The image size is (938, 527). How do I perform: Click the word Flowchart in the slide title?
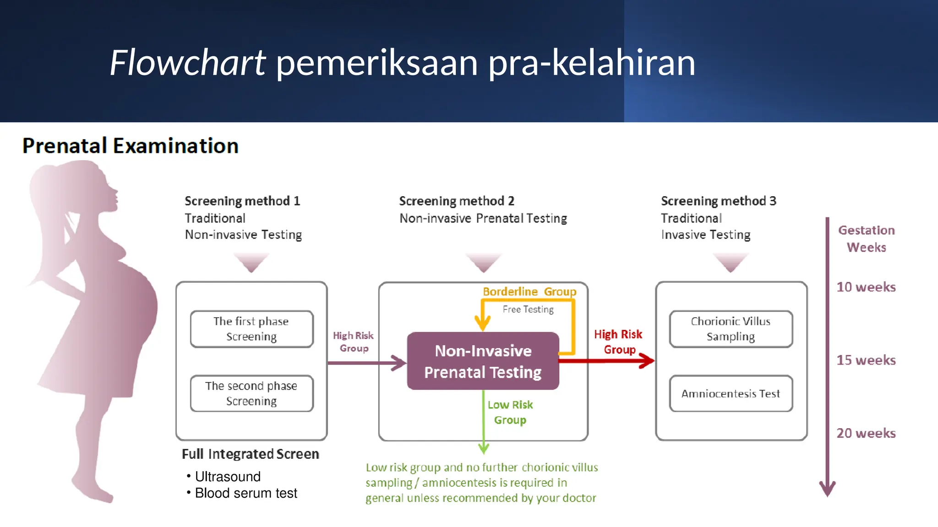pos(187,63)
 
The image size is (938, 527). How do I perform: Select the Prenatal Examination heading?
pos(131,146)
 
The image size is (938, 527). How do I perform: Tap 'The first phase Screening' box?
pos(251,329)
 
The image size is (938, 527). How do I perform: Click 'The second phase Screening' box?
pos(251,393)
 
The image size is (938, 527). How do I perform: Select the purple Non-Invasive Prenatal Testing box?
pos(483,361)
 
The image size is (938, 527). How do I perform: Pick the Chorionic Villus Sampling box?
pos(731,329)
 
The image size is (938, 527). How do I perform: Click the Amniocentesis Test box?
pos(731,393)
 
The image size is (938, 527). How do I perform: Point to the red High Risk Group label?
pos(618,342)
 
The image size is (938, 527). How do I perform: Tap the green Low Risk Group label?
pos(510,412)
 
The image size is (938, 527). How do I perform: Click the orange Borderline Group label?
pos(529,292)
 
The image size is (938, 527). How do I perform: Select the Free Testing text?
pos(528,310)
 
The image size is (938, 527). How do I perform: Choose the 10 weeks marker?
pos(866,287)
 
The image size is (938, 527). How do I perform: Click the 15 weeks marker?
pos(866,360)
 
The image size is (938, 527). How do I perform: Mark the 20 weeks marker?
pos(866,433)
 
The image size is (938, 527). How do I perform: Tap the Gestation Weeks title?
pos(866,239)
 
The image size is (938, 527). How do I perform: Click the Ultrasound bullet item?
pos(228,477)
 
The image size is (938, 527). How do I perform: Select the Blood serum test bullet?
pos(246,493)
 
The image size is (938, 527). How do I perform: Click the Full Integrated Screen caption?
pos(251,454)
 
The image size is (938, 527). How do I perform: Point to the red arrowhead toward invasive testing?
pos(647,360)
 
